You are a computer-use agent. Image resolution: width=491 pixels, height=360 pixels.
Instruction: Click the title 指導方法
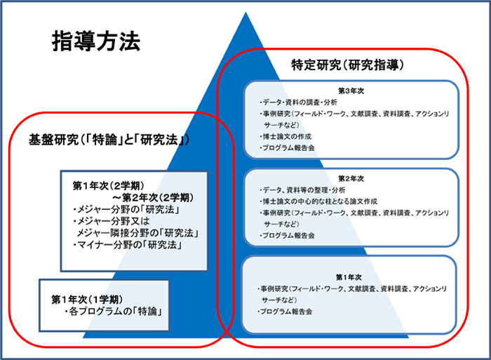(96, 41)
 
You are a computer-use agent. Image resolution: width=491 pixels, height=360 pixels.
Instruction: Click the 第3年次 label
(349, 91)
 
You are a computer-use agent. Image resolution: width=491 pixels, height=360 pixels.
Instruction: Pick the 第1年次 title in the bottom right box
(349, 277)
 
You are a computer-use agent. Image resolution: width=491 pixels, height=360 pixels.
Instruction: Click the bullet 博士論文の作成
(285, 136)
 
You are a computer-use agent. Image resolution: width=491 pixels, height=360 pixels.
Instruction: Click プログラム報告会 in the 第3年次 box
(288, 148)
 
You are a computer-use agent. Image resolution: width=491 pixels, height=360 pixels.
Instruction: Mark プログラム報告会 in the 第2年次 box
(288, 236)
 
